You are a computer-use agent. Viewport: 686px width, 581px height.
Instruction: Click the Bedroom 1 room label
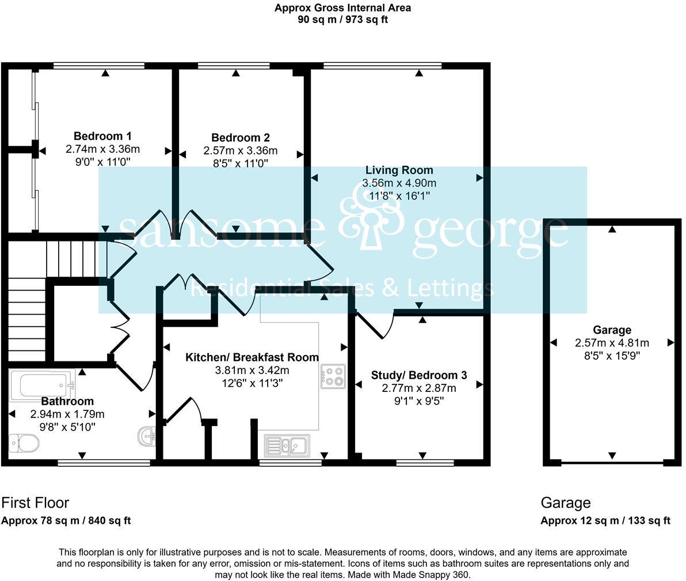tap(102, 137)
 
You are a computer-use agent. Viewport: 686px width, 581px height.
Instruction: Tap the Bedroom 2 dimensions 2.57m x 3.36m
tap(240, 150)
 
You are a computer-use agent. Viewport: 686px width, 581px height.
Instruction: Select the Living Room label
tap(399, 170)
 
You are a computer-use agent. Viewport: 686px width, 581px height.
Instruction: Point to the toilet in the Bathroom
tap(24, 443)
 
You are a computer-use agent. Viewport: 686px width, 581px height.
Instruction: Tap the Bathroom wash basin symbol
tap(147, 436)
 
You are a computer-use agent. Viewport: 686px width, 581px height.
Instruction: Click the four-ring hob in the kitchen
tap(333, 376)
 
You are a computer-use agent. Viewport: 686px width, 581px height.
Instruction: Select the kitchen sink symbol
tap(287, 445)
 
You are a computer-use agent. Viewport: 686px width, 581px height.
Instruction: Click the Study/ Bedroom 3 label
tap(419, 375)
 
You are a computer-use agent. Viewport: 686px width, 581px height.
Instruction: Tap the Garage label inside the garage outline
tap(612, 330)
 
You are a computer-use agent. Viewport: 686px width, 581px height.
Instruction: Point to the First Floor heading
tap(35, 503)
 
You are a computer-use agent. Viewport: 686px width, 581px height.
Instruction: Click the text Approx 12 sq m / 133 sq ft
tap(605, 520)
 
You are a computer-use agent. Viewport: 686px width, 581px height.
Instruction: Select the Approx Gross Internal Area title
tap(343, 8)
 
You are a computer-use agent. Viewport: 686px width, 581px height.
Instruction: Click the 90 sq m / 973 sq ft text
tap(343, 20)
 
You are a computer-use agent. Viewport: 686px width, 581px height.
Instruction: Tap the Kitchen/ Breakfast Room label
tap(252, 357)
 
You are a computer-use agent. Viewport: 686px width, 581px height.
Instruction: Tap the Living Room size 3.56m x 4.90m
tap(399, 183)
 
